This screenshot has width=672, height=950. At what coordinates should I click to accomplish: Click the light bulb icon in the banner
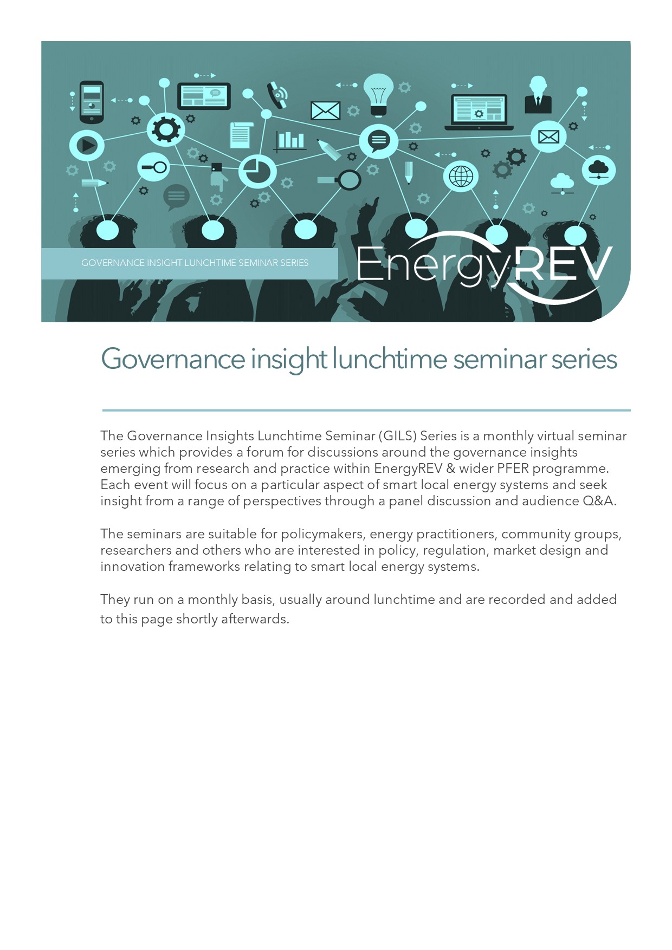[x=378, y=93]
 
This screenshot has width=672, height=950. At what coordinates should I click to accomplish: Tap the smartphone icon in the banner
[x=91, y=102]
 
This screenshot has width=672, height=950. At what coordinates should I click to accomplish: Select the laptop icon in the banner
[x=479, y=112]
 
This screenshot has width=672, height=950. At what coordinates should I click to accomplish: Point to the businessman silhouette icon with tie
[x=538, y=95]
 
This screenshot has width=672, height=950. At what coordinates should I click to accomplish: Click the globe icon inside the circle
[x=461, y=176]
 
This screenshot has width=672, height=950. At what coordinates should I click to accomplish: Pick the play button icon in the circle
[x=87, y=145]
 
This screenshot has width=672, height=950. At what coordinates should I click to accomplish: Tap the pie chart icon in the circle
[x=257, y=171]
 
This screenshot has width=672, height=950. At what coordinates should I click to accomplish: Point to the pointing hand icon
[x=218, y=176]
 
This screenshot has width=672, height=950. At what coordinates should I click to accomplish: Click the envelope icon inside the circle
[x=548, y=136]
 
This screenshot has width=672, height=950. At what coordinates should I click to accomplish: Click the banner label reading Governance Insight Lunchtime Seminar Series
[x=195, y=263]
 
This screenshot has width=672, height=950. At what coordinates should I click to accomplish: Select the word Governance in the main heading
[x=173, y=359]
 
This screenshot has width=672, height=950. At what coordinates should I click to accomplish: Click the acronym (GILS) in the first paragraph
[x=398, y=436]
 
